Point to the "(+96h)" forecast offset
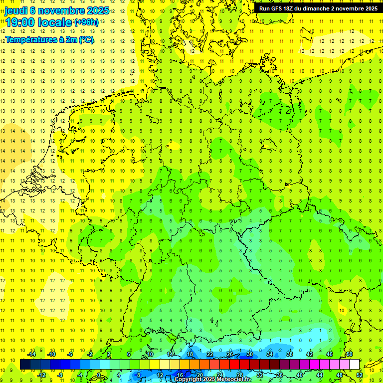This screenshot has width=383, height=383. [x=86, y=22]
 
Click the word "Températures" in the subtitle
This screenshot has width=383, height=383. [x=30, y=40]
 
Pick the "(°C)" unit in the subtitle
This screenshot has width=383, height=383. [x=86, y=40]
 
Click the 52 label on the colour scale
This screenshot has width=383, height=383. [x=360, y=375]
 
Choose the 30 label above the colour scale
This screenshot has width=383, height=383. [x=250, y=354]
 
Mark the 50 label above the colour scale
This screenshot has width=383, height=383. [x=350, y=354]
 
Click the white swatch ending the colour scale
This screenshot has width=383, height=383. [x=354, y=365]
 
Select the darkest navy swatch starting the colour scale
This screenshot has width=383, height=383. [x=25, y=365]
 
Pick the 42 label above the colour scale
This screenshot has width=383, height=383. [x=310, y=354]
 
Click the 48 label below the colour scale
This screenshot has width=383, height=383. [x=340, y=375]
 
